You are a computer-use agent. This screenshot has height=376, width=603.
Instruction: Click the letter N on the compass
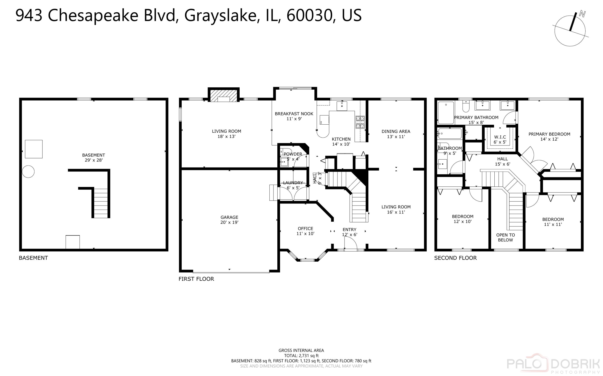(582, 14)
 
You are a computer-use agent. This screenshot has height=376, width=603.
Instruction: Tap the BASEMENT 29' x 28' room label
(93, 158)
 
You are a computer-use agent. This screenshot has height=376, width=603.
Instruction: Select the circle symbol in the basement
(28, 171)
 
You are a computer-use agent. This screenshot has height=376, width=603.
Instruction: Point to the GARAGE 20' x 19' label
(229, 220)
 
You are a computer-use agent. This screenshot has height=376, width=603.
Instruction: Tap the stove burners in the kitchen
(360, 122)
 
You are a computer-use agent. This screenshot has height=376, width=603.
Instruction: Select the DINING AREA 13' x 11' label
(396, 134)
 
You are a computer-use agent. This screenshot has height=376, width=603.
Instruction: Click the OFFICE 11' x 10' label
(305, 231)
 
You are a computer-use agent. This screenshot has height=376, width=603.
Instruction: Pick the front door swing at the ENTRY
(351, 243)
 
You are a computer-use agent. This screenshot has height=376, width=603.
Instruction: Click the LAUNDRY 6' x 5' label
(293, 185)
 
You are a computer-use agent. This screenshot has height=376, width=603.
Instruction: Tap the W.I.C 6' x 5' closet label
(500, 140)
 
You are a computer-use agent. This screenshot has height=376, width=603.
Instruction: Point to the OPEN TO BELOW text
(506, 238)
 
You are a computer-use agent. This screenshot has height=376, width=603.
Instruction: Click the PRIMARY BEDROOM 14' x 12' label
(549, 136)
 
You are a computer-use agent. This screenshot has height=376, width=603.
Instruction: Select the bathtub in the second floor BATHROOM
(450, 134)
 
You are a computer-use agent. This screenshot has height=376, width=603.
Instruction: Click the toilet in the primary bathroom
(466, 106)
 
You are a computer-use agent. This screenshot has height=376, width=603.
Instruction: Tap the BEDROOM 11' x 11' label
(553, 222)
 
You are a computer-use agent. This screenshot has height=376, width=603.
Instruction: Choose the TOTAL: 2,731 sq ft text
(301, 356)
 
